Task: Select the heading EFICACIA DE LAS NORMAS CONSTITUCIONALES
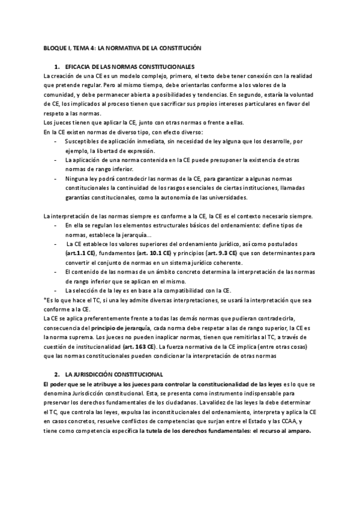click(x=129, y=66)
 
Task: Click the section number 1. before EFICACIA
click(x=56, y=66)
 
